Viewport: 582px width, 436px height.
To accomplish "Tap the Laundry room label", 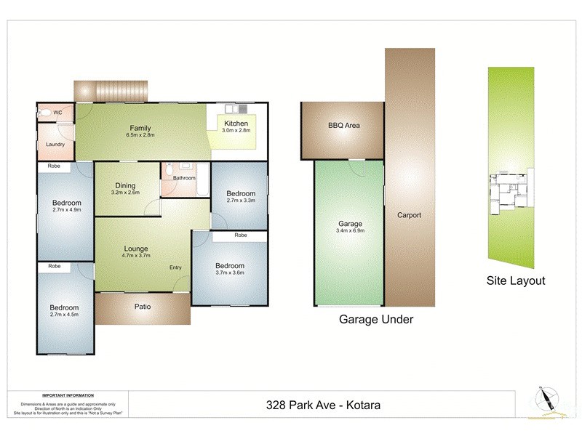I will [x=55, y=145].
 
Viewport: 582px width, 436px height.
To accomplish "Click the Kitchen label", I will [x=236, y=124].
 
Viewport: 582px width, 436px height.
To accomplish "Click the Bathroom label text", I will [x=184, y=178].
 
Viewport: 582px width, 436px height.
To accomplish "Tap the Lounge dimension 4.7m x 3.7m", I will [x=136, y=257].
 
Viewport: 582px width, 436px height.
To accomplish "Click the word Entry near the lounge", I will [x=176, y=267].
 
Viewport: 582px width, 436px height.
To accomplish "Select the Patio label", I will [x=143, y=307].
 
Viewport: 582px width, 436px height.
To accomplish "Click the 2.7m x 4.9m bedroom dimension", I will [x=66, y=211].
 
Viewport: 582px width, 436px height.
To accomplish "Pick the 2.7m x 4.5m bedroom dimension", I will [x=65, y=316].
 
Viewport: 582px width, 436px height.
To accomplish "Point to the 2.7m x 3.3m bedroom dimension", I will [x=241, y=201].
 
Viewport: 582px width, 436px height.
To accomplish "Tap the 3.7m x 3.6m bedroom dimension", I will [x=230, y=274].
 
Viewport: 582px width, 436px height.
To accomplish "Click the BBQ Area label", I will [x=344, y=126].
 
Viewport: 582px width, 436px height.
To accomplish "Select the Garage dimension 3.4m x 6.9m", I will [x=351, y=232].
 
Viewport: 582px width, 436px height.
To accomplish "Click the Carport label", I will [x=410, y=215].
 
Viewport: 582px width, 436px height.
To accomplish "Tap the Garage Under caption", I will [x=377, y=319].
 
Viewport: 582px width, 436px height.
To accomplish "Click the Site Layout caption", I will [x=515, y=280].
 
